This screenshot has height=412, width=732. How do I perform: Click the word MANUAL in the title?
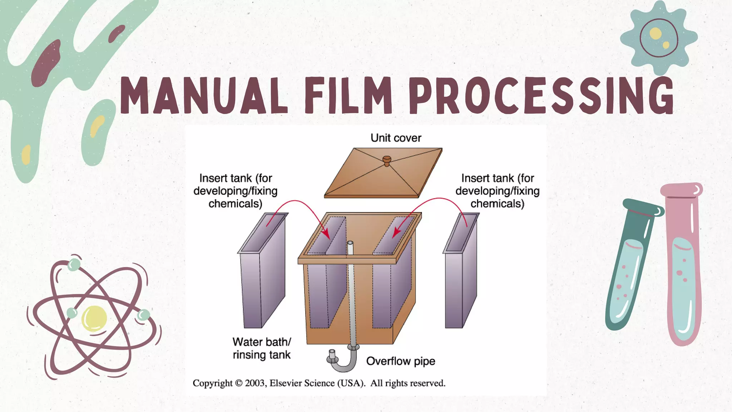(x=204, y=95)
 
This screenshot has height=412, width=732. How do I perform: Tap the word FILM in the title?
(x=348, y=95)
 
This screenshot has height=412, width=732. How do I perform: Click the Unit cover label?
(x=396, y=138)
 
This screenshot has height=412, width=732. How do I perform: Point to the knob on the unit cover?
(x=387, y=160)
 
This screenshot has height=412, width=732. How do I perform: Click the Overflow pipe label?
(x=400, y=361)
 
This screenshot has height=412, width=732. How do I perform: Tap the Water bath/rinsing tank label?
(x=262, y=348)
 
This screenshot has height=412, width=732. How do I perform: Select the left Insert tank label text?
(x=235, y=191)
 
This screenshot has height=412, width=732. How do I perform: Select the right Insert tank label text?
(x=497, y=191)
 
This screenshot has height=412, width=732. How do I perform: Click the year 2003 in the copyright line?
(x=255, y=383)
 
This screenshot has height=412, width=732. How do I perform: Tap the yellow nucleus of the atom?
(x=94, y=318)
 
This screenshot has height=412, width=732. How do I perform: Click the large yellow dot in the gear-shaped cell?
(x=655, y=34)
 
